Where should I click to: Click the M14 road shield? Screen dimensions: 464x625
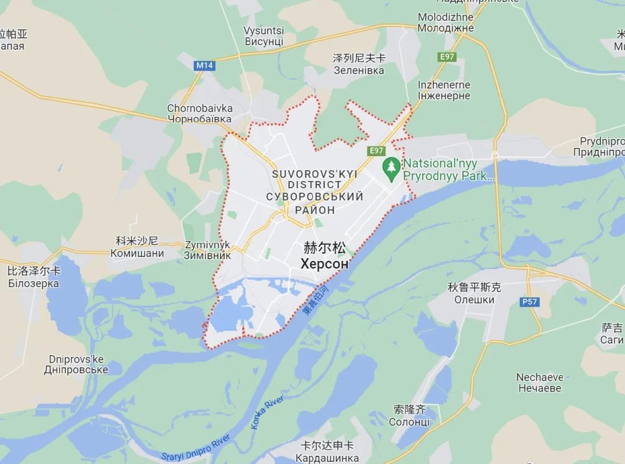click(x=205, y=65)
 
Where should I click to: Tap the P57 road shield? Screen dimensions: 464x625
click(x=528, y=301)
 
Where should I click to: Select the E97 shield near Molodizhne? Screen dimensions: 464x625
click(x=447, y=56)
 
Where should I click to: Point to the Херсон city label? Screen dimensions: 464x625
click(x=325, y=264)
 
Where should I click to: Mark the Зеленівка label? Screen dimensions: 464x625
click(x=359, y=70)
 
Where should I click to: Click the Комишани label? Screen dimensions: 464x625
click(x=137, y=253)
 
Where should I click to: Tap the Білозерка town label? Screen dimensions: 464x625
click(x=34, y=283)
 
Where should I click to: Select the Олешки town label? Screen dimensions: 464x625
click(x=474, y=300)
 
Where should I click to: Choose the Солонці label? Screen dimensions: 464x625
click(x=409, y=422)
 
